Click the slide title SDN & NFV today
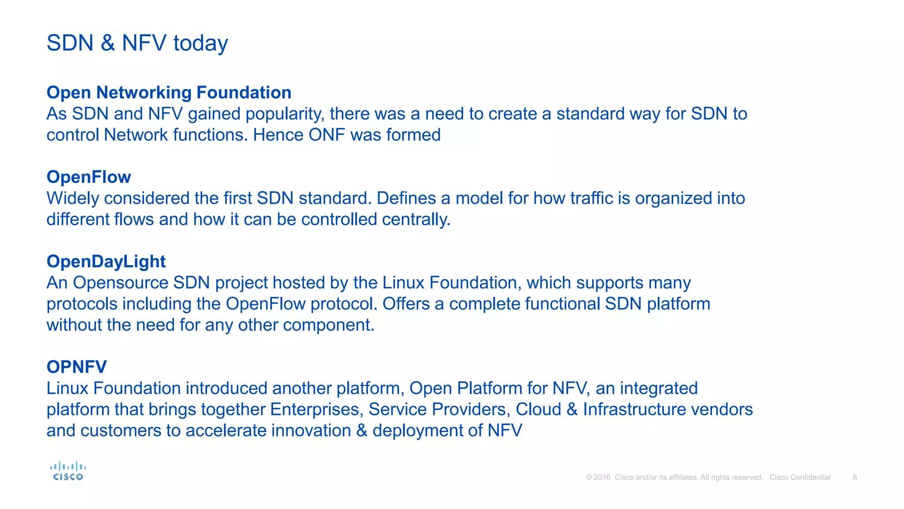137,43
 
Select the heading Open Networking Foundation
169,93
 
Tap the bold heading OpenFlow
89,177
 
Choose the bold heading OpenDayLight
106,262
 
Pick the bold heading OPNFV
77,367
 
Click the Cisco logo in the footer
68,471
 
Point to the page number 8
855,477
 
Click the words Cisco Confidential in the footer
799,477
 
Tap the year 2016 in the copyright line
602,477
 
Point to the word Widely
73,199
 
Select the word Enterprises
316,410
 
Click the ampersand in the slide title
108,43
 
